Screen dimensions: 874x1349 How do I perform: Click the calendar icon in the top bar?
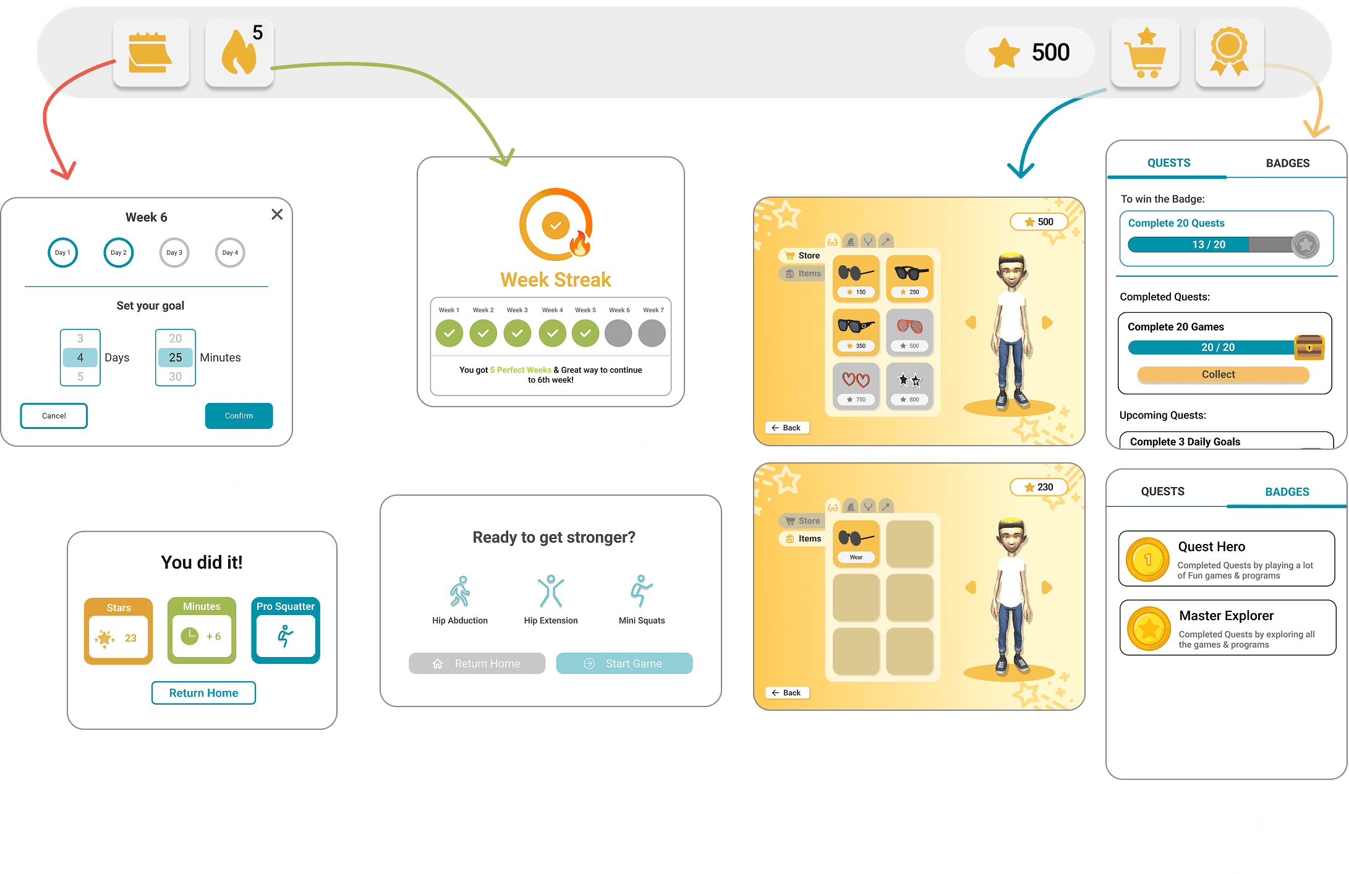point(150,53)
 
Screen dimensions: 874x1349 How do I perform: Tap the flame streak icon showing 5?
point(239,53)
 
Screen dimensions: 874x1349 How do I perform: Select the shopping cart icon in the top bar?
point(1145,53)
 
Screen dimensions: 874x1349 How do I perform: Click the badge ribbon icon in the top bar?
point(1229,53)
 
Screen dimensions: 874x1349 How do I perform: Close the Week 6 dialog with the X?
point(277,214)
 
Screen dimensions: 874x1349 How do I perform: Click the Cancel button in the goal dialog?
point(54,416)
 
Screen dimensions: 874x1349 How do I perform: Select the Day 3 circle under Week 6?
point(174,253)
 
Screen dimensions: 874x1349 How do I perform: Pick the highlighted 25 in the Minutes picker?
point(176,358)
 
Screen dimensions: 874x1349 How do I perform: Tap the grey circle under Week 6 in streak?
point(618,334)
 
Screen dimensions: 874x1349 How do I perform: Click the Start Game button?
point(624,663)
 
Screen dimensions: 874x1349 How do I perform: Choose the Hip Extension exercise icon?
point(550,592)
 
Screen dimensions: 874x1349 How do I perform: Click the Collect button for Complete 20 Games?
point(1218,375)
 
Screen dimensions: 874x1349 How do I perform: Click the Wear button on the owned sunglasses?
point(856,557)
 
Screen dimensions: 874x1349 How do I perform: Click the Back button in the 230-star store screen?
point(787,693)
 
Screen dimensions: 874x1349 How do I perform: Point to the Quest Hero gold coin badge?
point(1147,559)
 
